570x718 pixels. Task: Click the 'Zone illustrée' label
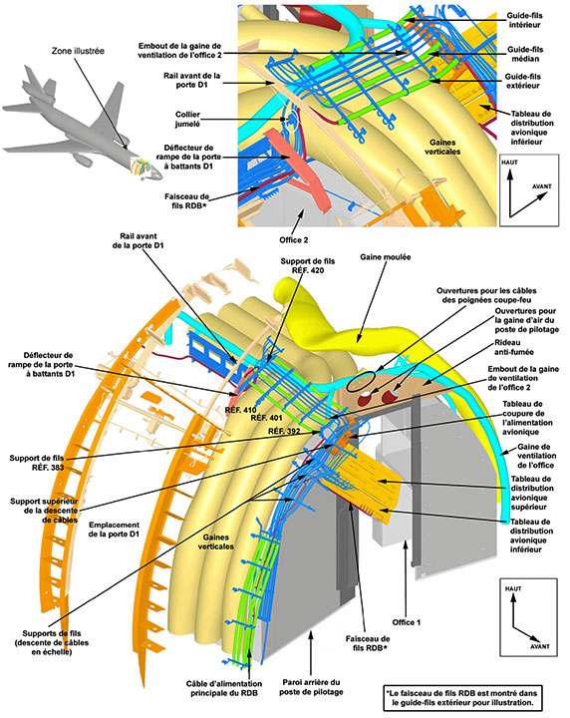point(78,51)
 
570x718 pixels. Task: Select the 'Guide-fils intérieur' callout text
point(524,20)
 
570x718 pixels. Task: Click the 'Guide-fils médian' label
point(525,54)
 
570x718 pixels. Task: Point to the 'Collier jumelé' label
point(187,119)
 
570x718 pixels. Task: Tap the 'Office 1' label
point(407,622)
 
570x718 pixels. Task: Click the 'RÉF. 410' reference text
point(240,410)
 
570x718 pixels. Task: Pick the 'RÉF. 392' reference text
point(284,432)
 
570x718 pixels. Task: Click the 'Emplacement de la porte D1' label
point(114,530)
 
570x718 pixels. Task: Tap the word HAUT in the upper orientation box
point(509,163)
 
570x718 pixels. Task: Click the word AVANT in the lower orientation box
point(540,646)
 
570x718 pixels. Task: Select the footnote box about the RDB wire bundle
point(462,697)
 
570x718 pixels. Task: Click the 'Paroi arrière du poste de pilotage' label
point(311,687)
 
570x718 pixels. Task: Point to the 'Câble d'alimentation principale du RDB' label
point(224,688)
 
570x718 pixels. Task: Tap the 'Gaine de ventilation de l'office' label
point(536,456)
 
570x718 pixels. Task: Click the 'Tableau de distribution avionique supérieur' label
point(532,493)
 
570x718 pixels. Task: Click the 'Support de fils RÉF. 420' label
point(307,265)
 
